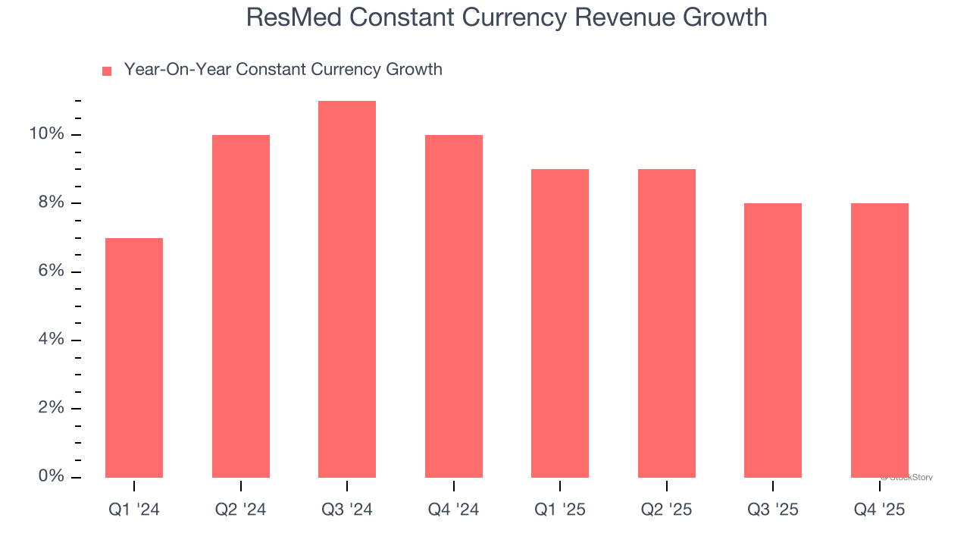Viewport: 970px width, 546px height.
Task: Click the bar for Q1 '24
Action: pos(134,358)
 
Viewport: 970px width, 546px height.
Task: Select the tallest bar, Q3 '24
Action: pos(347,289)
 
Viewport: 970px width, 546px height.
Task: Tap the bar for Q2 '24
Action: pos(241,306)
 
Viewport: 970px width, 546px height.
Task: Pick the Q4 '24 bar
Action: pos(454,306)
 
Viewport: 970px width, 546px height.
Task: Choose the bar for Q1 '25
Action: pos(560,323)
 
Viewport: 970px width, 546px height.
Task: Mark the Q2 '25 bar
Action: pos(667,323)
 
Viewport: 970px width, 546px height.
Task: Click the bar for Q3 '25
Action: pos(773,340)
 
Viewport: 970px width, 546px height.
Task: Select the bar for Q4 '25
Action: pos(880,340)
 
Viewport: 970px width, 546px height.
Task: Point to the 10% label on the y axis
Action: pos(47,134)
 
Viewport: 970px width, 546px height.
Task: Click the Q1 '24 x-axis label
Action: pos(134,510)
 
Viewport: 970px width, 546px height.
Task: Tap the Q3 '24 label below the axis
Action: pos(347,510)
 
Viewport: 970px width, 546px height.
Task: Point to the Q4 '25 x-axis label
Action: pos(880,510)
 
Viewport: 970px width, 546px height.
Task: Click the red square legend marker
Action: pos(107,71)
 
